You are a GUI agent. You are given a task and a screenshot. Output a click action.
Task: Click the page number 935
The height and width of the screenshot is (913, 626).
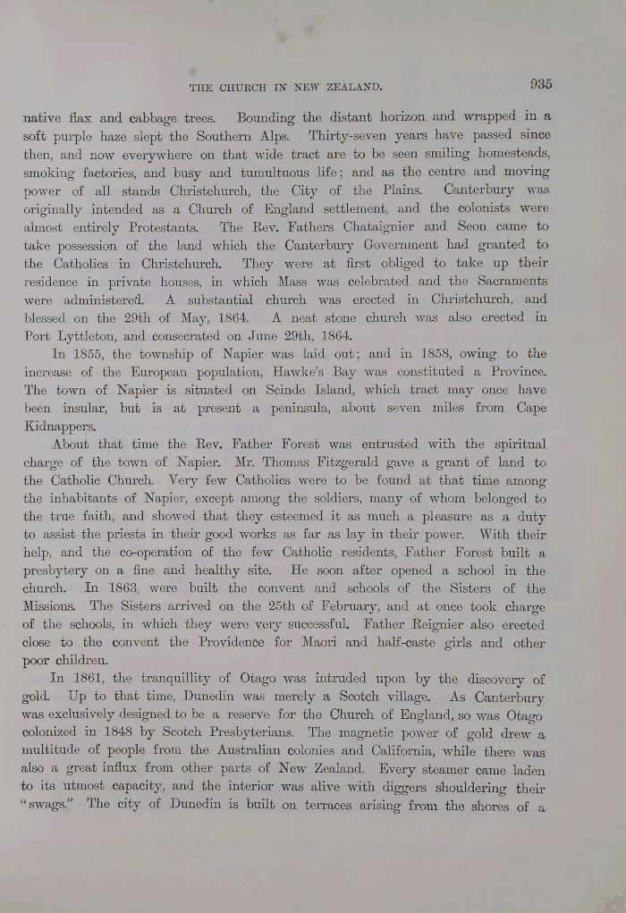coord(540,84)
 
